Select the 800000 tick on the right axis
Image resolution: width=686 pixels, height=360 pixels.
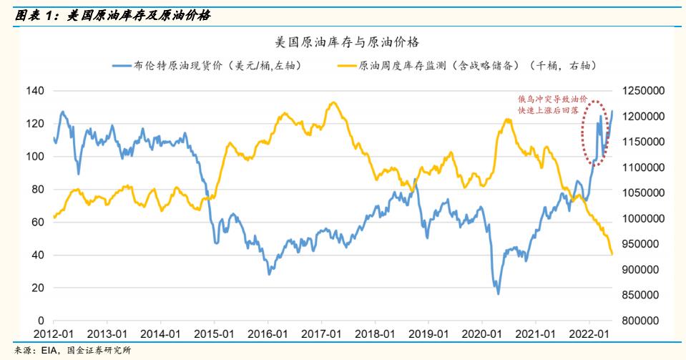point(644,321)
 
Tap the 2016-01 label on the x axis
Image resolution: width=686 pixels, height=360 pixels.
point(268,334)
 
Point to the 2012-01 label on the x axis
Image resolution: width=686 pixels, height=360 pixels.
point(54,334)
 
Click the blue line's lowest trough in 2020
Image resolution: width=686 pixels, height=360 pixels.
point(498,293)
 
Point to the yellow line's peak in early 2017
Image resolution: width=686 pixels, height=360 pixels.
point(332,102)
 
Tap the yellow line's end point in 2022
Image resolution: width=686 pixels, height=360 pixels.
point(612,254)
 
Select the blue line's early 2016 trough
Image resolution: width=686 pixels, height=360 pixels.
point(269,274)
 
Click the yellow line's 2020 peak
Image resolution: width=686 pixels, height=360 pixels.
point(507,119)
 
